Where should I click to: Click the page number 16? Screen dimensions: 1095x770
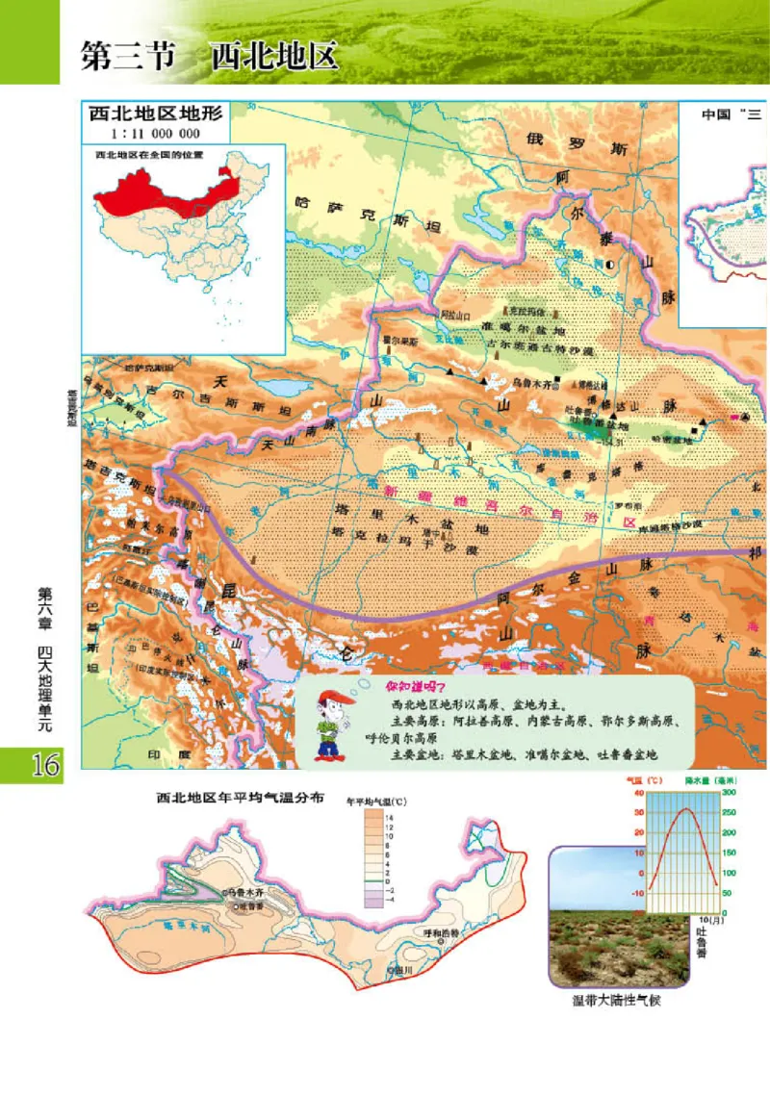31,765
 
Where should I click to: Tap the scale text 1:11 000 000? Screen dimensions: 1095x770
155,134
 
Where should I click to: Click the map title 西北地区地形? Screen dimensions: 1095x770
155,114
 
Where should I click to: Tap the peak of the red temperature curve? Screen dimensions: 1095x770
685,809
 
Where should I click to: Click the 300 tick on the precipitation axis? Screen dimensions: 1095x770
729,792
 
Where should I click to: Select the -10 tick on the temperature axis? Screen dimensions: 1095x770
636,893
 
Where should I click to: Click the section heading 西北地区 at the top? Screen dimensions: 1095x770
274,55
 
